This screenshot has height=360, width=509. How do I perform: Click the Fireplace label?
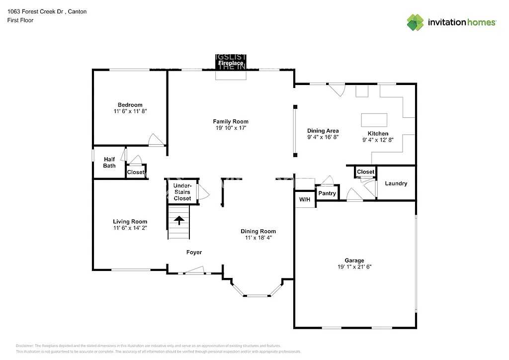[231, 63]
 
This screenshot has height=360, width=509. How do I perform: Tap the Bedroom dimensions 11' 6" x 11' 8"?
[130, 112]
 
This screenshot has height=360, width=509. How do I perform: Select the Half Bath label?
[109, 163]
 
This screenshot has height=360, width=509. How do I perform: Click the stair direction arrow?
[179, 219]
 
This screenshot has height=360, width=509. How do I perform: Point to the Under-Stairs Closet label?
[182, 192]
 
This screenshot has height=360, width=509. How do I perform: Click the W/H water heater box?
[304, 199]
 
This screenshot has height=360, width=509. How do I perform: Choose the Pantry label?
[327, 193]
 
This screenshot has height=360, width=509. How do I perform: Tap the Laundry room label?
[396, 183]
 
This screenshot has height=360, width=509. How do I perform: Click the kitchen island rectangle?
[374, 120]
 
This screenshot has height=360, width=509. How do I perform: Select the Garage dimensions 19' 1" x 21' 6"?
[354, 267]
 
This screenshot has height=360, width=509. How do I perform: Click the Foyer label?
[194, 253]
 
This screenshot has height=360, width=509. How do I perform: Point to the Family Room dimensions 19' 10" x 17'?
[231, 128]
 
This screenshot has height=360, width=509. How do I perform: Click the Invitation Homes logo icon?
[415, 22]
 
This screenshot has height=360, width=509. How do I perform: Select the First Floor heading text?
[20, 20]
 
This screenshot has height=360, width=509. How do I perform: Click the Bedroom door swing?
[156, 140]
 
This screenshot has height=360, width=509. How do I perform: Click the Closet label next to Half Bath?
[136, 173]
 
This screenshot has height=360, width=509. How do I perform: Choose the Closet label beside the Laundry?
[365, 172]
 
